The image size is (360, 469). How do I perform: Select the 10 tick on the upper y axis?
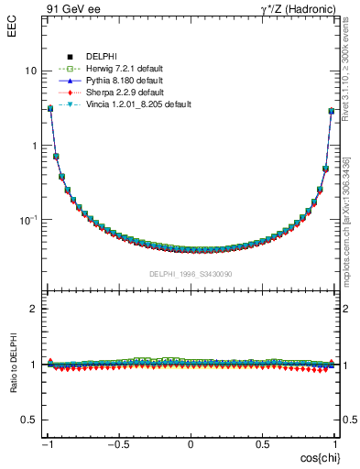[30, 71]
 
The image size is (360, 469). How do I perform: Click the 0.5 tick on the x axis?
[263, 442]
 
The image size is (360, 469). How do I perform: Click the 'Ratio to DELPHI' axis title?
[12, 365]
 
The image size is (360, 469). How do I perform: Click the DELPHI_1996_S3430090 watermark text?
[191, 274]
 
